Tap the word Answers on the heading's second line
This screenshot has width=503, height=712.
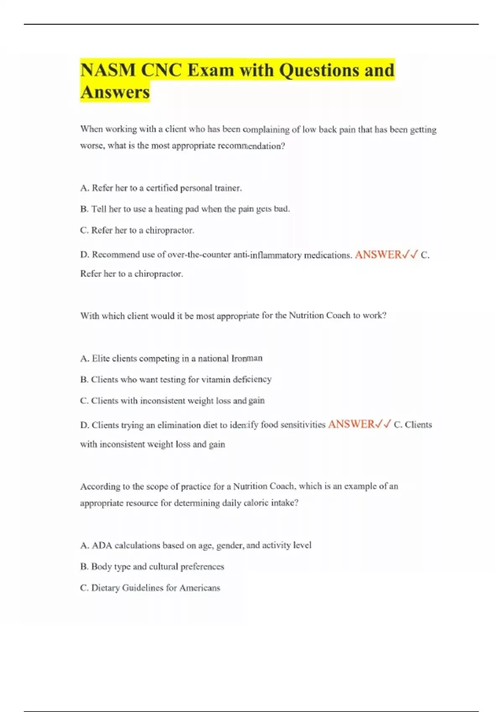115,92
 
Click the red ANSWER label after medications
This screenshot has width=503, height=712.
378,255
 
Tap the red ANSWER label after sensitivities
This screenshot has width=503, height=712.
351,425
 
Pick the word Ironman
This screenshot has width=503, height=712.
247,358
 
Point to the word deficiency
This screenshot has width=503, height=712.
252,379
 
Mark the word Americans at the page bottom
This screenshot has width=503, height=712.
200,588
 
